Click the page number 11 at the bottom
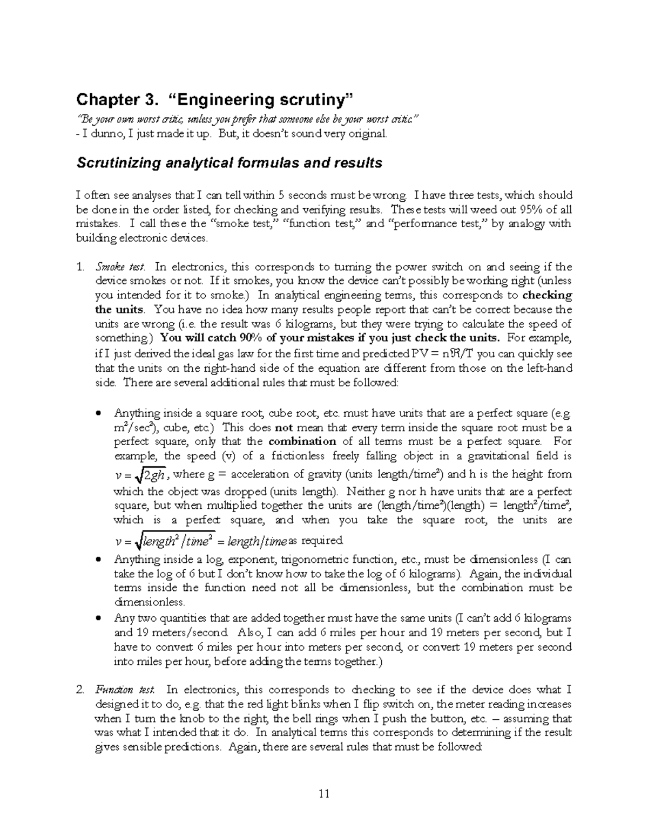[324, 793]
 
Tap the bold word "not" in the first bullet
[284, 427]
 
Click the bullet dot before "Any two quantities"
[98, 618]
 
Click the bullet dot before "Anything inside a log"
[98, 560]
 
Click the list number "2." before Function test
[80, 690]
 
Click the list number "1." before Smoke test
[80, 267]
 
